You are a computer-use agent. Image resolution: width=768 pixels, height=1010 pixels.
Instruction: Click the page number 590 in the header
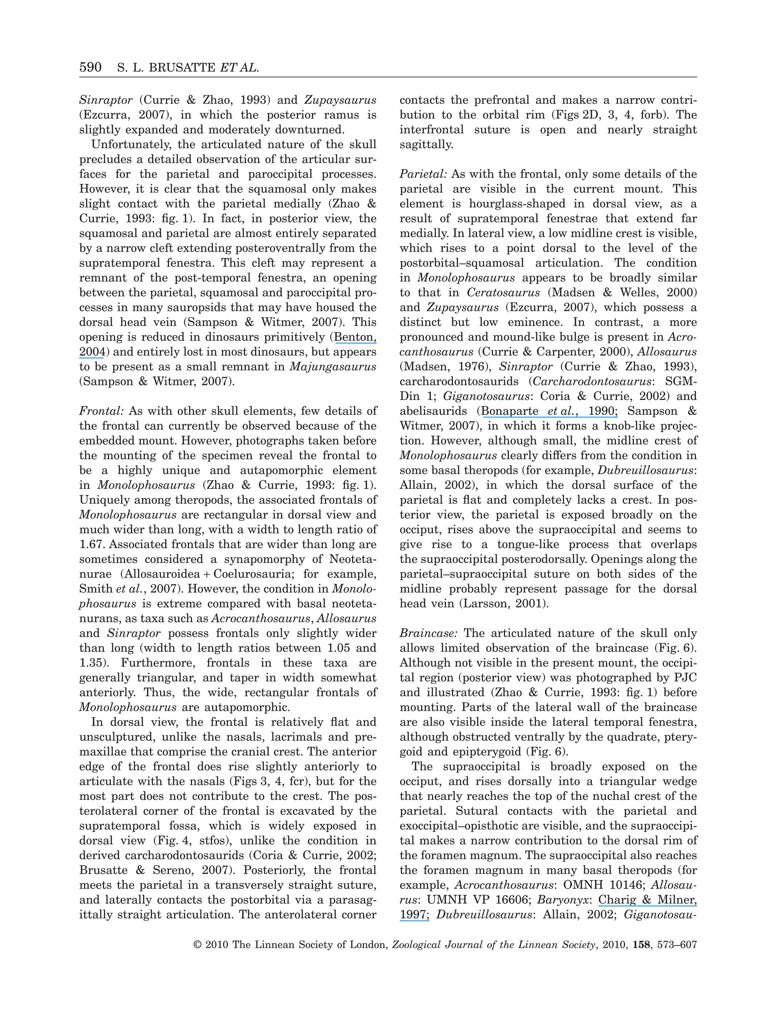coord(90,68)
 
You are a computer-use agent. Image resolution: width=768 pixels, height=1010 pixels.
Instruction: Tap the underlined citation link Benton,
coord(355,337)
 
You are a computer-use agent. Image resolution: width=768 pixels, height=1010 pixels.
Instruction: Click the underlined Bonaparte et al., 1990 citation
coord(549,411)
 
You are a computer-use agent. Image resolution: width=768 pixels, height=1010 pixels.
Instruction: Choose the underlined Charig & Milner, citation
coord(647,900)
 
